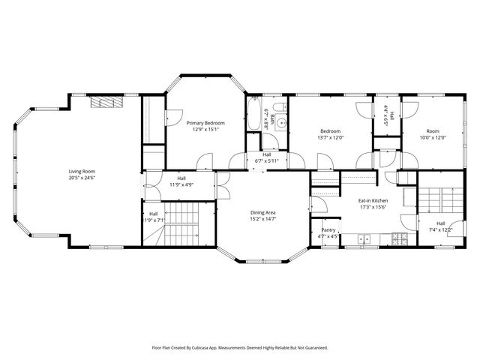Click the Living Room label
[82, 171]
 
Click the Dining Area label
[262, 213]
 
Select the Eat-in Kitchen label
[372, 201]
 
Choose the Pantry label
[328, 230]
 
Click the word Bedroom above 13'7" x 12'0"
[329, 131]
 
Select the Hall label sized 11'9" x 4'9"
[181, 178]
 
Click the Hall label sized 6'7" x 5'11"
[266, 154]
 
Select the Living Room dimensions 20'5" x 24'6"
[82, 178]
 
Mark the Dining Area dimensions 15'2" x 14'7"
[262, 219]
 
